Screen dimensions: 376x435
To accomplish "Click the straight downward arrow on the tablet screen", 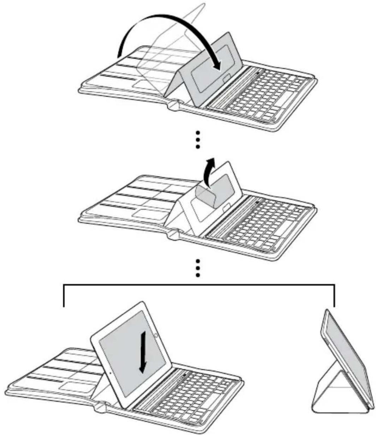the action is (x=143, y=353).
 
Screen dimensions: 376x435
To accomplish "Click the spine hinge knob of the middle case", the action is (x=173, y=234).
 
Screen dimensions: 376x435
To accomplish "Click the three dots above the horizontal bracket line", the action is (x=198, y=268).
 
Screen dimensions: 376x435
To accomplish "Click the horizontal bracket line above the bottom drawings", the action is (x=198, y=284).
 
